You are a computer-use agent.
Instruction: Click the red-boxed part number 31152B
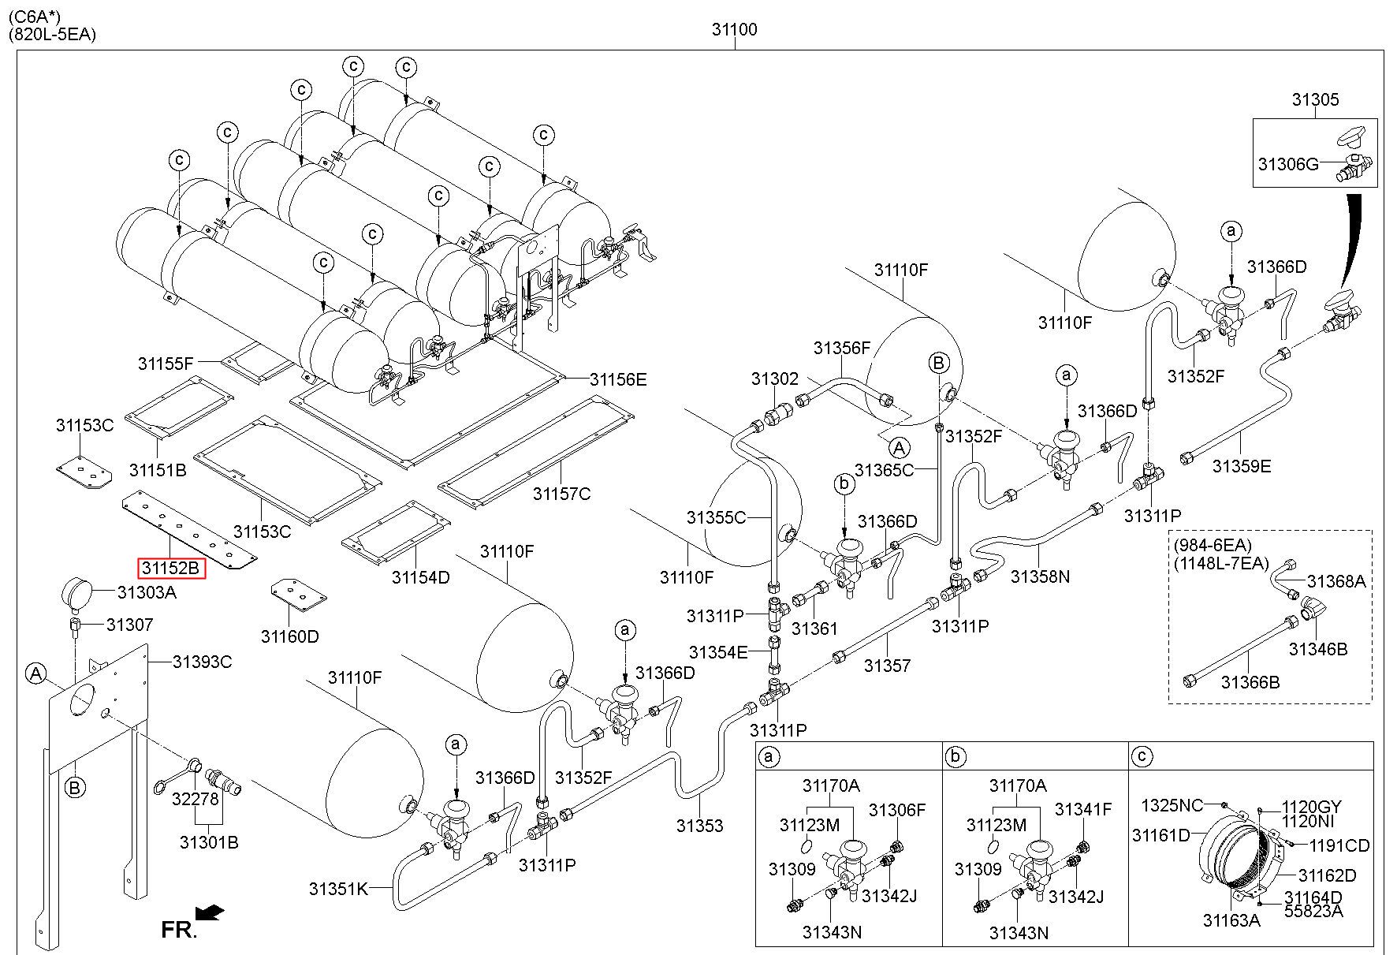(x=172, y=568)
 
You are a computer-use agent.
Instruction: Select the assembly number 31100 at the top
(x=734, y=30)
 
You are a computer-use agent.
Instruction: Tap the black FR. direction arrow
(x=210, y=912)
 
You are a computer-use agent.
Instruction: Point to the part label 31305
(x=1315, y=100)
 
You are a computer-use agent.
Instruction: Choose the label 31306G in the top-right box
(x=1288, y=164)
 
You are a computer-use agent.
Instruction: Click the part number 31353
(x=699, y=826)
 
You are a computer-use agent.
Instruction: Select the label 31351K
(x=338, y=889)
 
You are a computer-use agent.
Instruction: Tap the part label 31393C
(x=203, y=662)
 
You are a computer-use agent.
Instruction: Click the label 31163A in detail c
(x=1231, y=920)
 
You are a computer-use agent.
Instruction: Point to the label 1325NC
(x=1172, y=805)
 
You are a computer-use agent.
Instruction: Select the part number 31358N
(x=1040, y=576)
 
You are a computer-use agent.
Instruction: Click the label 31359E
(x=1242, y=466)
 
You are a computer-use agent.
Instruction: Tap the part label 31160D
(x=290, y=636)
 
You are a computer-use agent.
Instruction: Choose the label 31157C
(x=561, y=494)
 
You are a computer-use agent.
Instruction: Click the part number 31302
(x=775, y=379)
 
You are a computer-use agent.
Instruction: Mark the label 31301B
(x=209, y=842)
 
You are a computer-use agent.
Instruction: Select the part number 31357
(x=887, y=666)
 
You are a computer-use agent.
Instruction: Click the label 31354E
(x=717, y=652)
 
